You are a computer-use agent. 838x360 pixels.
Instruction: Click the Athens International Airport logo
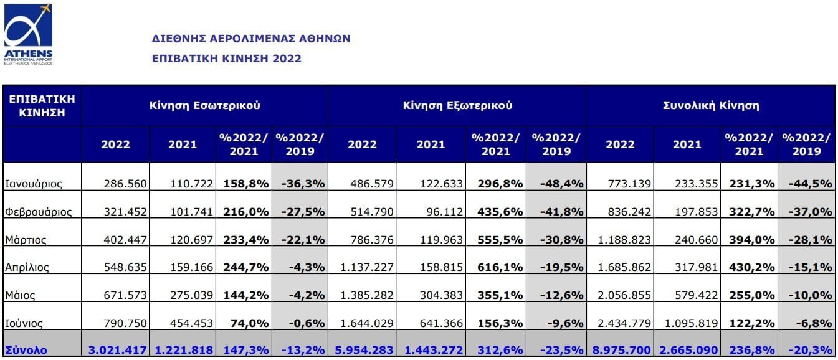point(28,34)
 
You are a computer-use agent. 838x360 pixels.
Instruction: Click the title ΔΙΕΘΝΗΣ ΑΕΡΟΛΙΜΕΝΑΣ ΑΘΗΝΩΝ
point(251,39)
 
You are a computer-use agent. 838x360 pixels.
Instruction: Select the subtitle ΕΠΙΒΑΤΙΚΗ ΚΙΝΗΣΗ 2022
point(227,59)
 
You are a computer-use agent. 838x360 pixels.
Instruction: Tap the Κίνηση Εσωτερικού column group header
point(204,105)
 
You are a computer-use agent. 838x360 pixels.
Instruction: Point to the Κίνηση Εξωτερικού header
point(457,105)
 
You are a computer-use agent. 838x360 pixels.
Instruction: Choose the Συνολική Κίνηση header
point(710,105)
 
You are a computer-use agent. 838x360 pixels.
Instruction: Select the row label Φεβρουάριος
point(38,212)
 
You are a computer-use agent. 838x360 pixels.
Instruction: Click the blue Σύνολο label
point(26,350)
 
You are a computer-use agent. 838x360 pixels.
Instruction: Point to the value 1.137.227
point(368,267)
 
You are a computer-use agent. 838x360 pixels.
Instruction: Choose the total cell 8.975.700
point(622,350)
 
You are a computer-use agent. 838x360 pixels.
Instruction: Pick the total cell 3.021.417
point(118,350)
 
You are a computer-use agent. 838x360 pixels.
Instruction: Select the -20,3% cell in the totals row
point(809,350)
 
